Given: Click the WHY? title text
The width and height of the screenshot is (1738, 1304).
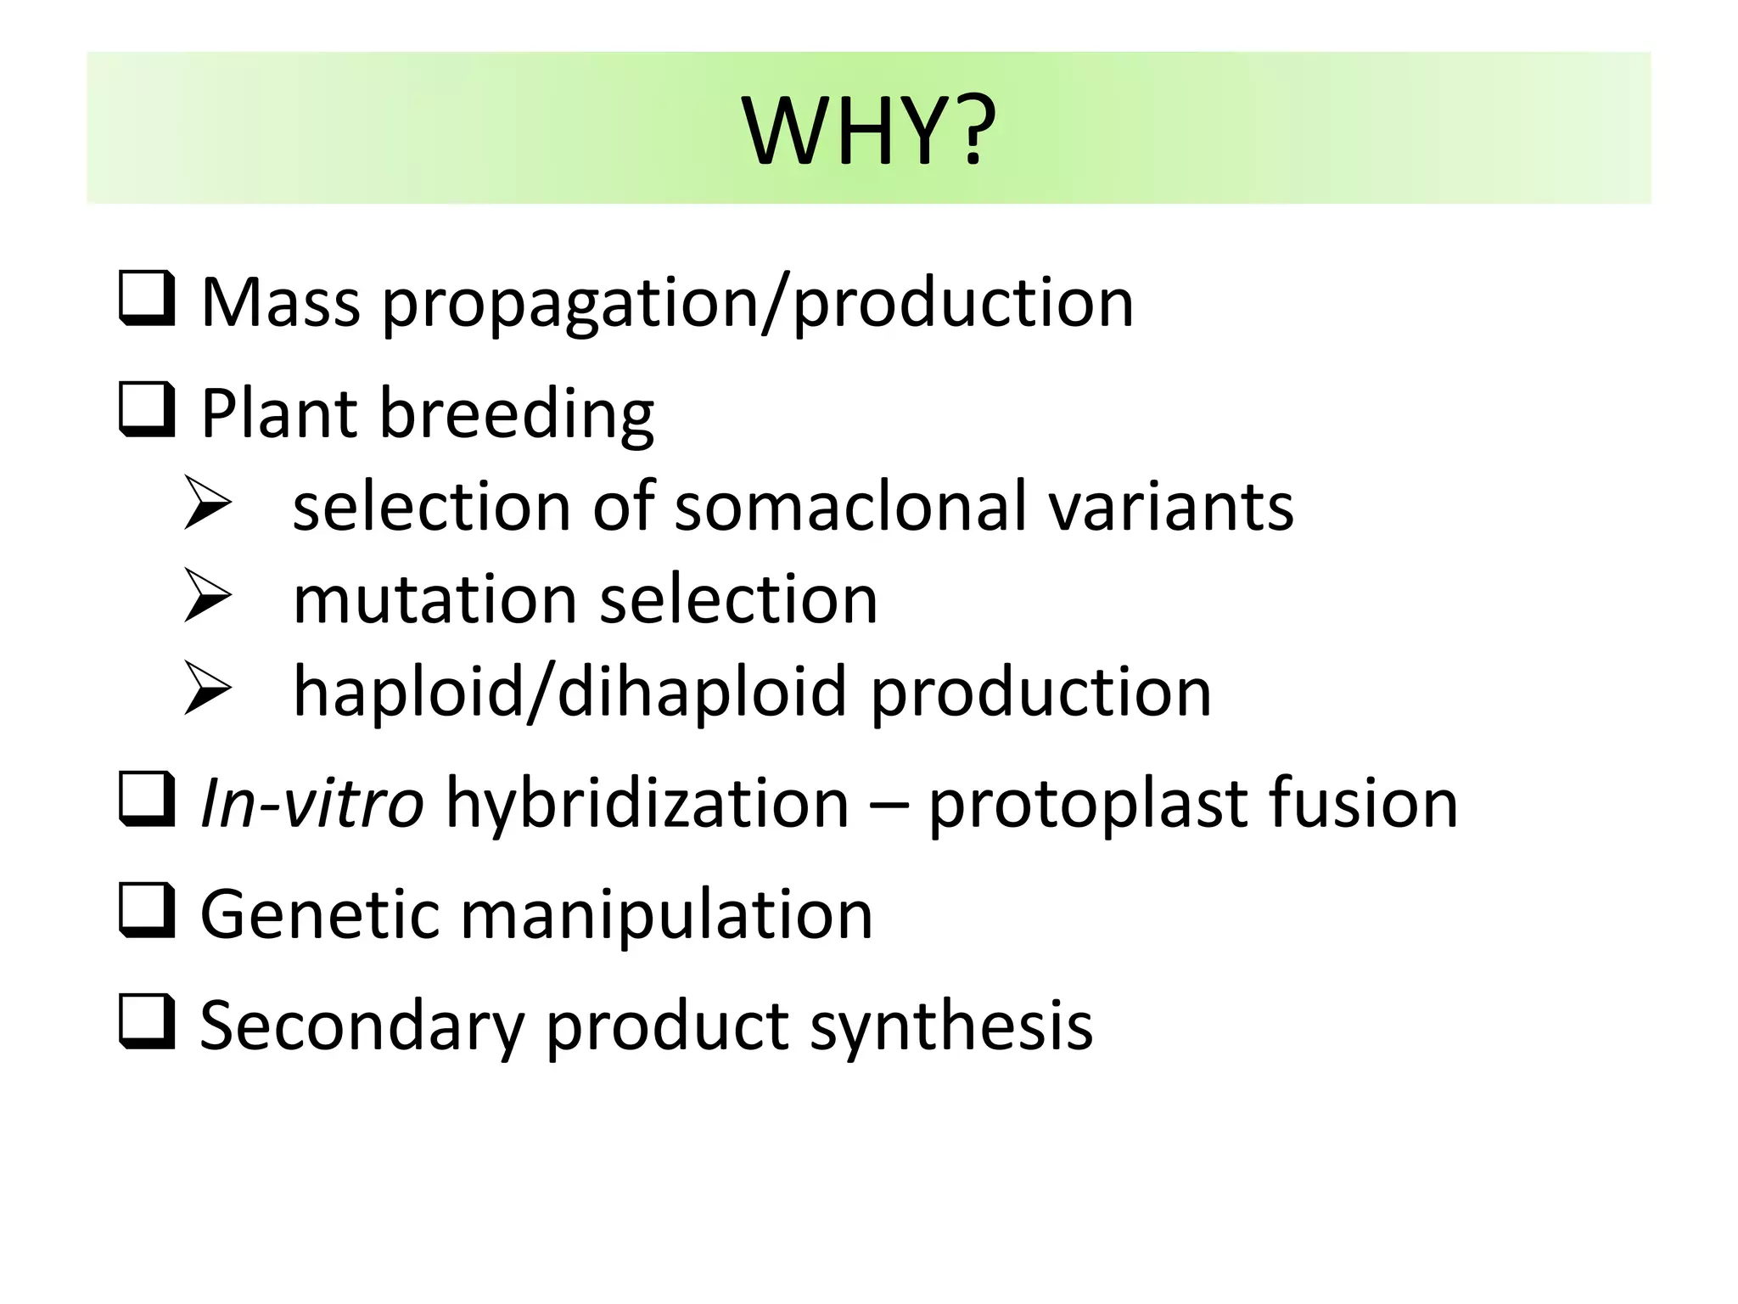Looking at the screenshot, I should [868, 132].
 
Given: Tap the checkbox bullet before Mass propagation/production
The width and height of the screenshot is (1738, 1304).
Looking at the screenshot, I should [147, 299].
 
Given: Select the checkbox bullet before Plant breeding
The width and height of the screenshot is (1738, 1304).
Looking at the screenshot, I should [147, 410].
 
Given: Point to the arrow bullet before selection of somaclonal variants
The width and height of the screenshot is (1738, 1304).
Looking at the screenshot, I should [207, 504].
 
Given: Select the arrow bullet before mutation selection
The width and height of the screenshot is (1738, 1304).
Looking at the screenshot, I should [207, 597].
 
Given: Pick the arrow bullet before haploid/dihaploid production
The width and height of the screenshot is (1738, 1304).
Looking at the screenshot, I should [207, 689].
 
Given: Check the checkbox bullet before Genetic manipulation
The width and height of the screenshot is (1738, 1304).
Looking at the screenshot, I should [147, 911].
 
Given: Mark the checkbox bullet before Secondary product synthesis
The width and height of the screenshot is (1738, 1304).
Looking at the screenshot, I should [147, 1021].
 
